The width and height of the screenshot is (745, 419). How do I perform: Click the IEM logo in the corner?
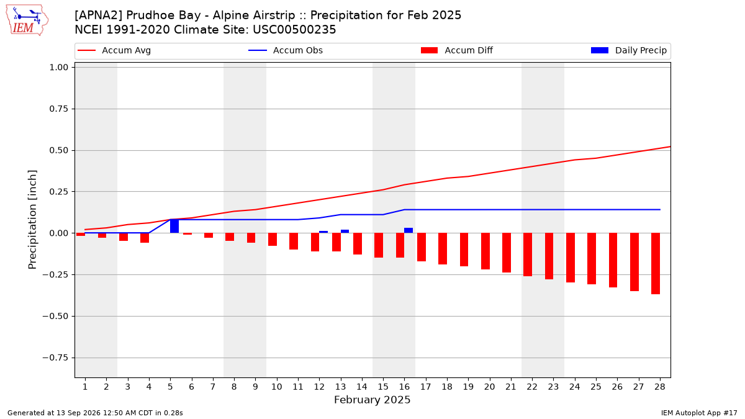pos(27,20)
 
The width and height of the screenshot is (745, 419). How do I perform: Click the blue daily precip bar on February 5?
pos(174,226)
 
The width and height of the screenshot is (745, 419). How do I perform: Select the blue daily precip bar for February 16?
pos(409,230)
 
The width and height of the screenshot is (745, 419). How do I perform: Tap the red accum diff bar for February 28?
pos(656,263)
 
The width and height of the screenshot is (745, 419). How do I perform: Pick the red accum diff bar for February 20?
pos(485,251)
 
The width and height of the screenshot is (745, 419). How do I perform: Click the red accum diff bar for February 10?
pos(273,240)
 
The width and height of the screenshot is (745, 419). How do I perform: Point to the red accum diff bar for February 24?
pos(571,258)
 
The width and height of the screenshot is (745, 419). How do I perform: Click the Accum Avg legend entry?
pos(114,50)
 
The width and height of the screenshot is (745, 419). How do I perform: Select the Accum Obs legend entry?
pos(286,50)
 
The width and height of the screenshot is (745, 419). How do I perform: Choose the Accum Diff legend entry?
pos(457,50)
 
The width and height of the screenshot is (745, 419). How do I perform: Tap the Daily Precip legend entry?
pos(628,50)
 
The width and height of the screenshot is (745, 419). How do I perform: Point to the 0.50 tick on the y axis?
pos(58,150)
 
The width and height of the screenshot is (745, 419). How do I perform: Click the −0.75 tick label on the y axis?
pos(55,358)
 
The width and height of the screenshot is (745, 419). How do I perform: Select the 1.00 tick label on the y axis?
pos(58,68)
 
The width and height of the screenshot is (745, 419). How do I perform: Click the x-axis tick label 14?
pos(362,387)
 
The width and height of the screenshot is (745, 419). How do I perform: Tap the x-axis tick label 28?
pos(660,387)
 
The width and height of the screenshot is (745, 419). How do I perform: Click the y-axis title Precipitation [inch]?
pos(32,220)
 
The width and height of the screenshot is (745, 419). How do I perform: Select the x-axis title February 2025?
pos(372,400)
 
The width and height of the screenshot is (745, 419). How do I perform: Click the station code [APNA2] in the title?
pos(99,16)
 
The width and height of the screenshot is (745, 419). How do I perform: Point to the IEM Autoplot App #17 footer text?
pos(699,413)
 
